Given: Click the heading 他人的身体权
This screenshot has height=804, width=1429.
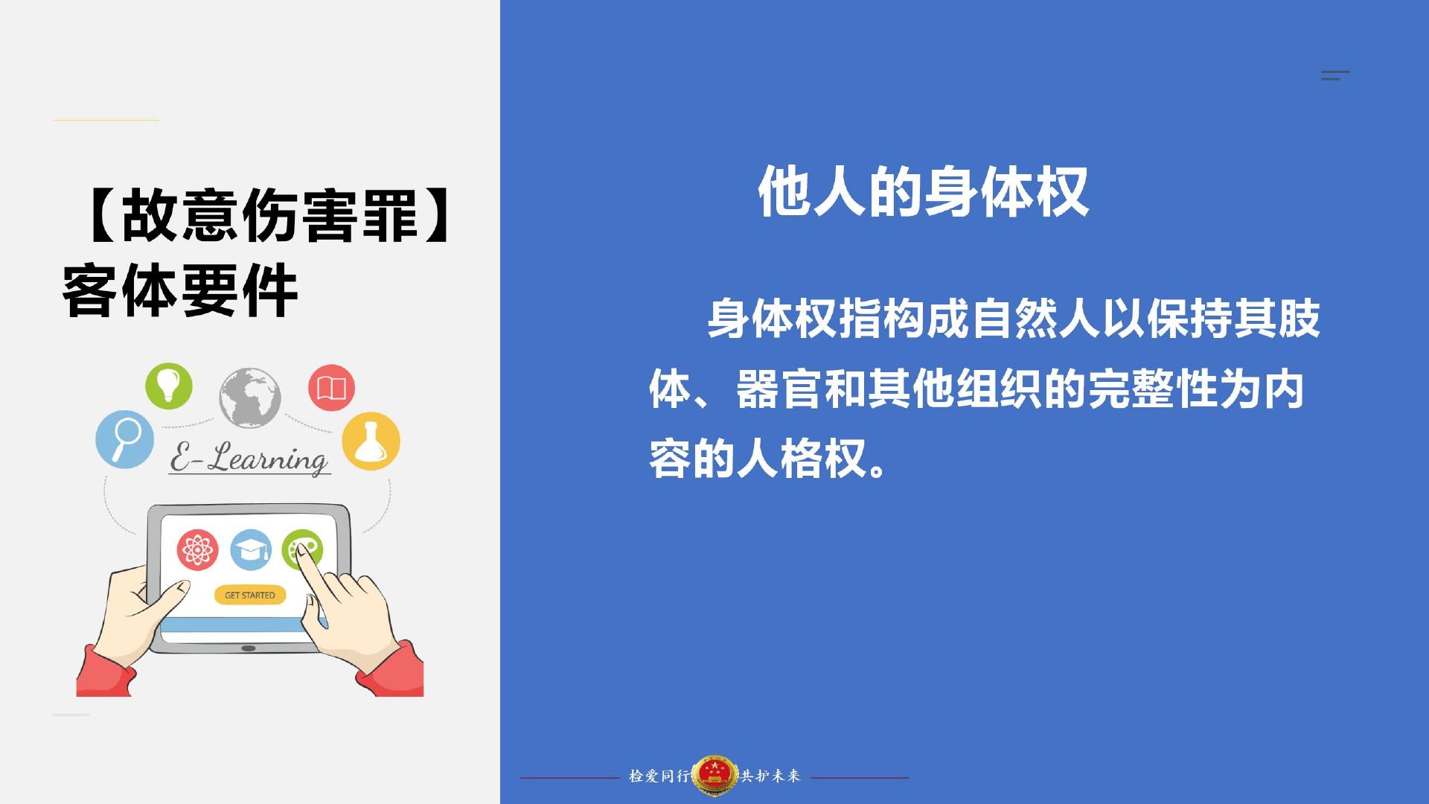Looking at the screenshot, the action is [x=924, y=192].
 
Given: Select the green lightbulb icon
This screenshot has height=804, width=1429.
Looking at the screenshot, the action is [x=169, y=386].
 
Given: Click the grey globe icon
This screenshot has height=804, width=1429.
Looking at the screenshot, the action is [x=250, y=398].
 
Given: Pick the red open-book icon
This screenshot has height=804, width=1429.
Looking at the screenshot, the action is [x=331, y=388].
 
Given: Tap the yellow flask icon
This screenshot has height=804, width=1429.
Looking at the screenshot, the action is [x=371, y=441].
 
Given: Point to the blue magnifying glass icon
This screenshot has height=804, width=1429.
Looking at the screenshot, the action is [x=125, y=439].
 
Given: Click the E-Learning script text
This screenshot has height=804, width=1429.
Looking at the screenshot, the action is [x=249, y=458].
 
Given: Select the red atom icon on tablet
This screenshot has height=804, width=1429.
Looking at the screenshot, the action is [x=197, y=550].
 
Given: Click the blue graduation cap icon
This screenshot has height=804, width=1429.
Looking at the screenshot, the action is [x=251, y=550].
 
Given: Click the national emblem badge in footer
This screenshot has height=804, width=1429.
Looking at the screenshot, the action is [x=714, y=776].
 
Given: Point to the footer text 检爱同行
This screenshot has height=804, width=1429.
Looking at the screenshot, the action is [x=659, y=776].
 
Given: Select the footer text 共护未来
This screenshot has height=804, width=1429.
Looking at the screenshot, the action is [x=770, y=776].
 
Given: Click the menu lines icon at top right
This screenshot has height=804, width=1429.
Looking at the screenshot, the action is [x=1335, y=75].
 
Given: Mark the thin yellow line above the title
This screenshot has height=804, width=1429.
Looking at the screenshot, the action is [x=106, y=120].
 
